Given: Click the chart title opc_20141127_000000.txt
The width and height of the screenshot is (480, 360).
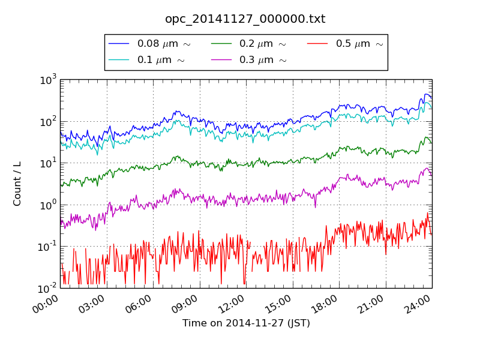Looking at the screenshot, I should point(245,19).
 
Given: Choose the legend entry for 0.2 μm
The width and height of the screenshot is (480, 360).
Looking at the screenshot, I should point(262,44).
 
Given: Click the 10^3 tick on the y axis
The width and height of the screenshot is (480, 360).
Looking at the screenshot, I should point(49,79).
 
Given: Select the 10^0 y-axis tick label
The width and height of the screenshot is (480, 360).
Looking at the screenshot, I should point(49,205).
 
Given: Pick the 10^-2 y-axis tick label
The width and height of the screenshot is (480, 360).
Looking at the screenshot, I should point(47,288).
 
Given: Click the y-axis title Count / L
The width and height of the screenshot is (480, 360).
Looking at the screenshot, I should point(17,184).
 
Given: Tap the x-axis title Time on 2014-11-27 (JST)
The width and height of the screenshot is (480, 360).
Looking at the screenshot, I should point(246,323).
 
